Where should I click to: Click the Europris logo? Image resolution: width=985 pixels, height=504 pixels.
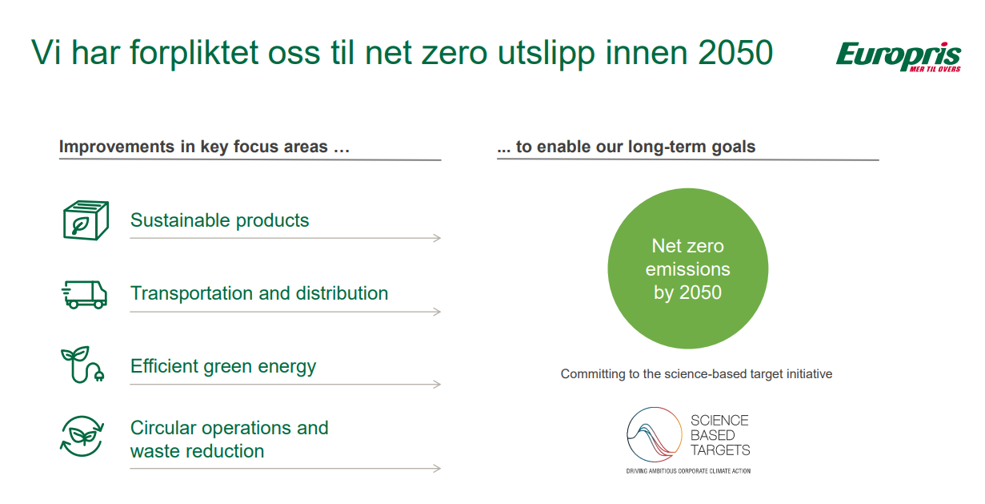click(x=899, y=56)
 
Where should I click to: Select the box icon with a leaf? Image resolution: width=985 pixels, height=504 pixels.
click(x=86, y=220)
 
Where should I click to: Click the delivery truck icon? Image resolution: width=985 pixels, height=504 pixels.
click(x=84, y=295)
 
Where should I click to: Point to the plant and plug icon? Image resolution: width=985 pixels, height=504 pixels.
click(x=82, y=365)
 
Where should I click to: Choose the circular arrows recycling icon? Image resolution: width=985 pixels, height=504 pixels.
click(x=82, y=436)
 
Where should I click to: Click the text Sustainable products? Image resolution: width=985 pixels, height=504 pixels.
click(x=219, y=220)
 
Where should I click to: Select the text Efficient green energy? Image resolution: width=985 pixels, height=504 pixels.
click(x=223, y=367)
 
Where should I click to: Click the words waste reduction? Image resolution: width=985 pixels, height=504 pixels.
click(x=197, y=451)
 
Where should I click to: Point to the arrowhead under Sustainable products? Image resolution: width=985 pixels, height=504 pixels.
click(x=437, y=238)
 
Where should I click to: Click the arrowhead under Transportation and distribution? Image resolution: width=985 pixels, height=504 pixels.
click(x=437, y=312)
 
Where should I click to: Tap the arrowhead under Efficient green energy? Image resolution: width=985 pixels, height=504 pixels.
click(x=437, y=385)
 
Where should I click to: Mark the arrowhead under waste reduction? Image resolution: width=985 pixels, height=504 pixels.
click(x=437, y=469)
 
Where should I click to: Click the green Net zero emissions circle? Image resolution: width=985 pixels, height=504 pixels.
click(x=688, y=268)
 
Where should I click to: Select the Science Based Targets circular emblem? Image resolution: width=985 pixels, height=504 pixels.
click(x=655, y=434)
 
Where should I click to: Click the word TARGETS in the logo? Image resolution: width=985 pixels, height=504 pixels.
click(x=720, y=450)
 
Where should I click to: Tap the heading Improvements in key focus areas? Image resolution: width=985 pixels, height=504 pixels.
click(x=205, y=147)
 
